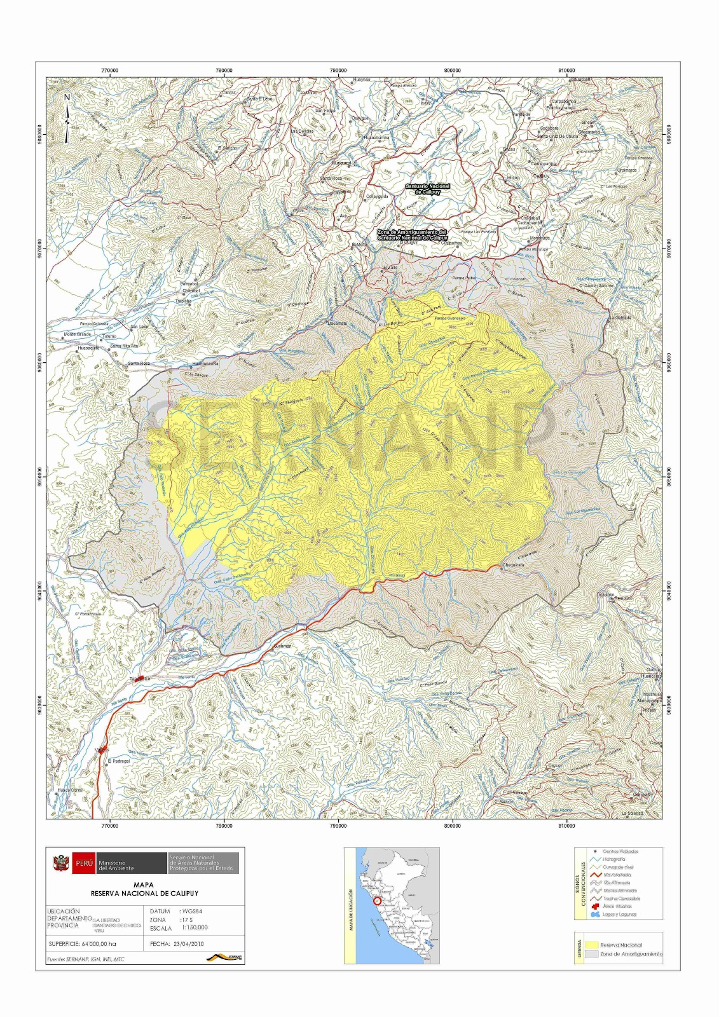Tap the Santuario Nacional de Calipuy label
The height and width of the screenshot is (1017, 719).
tap(428, 189)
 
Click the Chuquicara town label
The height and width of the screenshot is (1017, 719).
tap(513, 564)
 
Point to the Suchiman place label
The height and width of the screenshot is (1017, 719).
tap(282, 646)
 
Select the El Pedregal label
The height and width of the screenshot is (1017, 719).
tap(119, 761)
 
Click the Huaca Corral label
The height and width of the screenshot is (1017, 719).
tap(69, 790)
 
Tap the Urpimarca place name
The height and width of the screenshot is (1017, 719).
tap(626, 170)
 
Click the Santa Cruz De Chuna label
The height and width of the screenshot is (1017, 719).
tap(558, 136)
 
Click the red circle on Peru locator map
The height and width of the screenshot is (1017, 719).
tap(377, 901)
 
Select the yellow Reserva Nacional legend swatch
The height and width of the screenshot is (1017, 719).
tap(591, 945)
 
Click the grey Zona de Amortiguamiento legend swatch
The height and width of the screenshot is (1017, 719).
tap(591, 954)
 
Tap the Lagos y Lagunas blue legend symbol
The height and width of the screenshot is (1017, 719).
tap(596, 915)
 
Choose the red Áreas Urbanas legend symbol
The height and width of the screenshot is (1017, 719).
tap(596, 906)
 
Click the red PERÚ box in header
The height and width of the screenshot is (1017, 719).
tap(84, 863)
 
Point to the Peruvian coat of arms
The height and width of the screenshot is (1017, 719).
tap(61, 863)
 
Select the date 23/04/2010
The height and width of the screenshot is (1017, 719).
tap(189, 944)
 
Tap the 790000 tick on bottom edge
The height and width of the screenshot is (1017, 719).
tap(338, 826)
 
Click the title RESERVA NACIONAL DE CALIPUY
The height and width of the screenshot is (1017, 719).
tap(144, 893)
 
